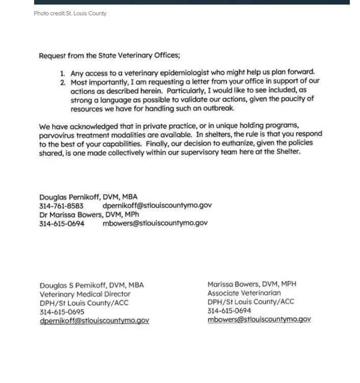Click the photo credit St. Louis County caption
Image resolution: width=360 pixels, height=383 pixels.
[70, 14]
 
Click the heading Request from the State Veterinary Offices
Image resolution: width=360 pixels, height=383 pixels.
[109, 55]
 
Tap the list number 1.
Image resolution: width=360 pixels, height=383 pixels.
[63, 74]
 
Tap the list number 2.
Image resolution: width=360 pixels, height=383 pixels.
[63, 82]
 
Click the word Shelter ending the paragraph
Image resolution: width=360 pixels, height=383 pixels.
[288, 151]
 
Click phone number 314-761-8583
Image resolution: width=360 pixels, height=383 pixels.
[61, 206]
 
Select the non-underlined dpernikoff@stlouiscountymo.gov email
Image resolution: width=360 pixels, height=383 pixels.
[157, 205]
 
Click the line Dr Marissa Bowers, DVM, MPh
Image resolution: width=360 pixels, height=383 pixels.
[89, 215]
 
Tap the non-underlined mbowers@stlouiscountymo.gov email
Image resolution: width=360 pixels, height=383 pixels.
[155, 223]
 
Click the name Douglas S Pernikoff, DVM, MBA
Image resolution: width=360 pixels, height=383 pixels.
[92, 285]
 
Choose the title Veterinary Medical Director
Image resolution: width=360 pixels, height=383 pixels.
[85, 294]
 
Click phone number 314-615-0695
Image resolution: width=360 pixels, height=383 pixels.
[62, 312]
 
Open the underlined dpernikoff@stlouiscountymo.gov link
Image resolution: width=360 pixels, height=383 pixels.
[94, 321]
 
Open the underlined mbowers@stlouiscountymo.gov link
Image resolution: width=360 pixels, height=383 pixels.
[259, 319]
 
